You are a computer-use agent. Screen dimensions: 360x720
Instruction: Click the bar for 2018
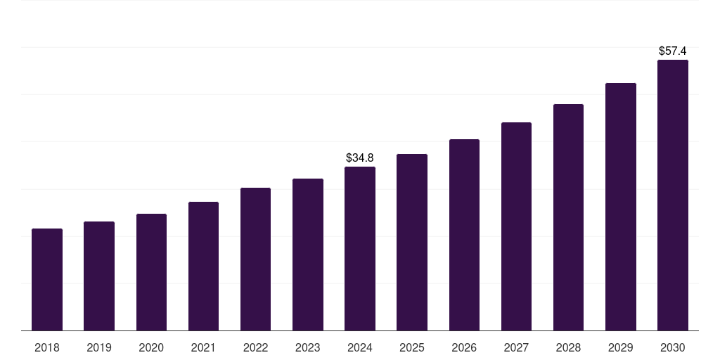(47, 280)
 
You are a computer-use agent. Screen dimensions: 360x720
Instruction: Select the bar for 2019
(99, 276)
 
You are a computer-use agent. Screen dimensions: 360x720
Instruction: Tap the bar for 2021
(203, 266)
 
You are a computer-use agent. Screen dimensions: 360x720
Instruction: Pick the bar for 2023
(308, 255)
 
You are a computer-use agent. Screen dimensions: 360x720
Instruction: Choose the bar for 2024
(360, 249)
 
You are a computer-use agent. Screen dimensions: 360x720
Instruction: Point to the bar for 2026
(464, 235)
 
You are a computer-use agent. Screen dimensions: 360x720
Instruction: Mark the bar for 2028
(568, 217)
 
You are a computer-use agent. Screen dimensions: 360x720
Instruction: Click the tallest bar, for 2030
(673, 195)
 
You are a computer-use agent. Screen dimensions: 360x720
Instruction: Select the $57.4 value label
(673, 51)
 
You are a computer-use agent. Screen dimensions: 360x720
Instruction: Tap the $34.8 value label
(360, 158)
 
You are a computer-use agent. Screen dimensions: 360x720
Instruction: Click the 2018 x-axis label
(47, 347)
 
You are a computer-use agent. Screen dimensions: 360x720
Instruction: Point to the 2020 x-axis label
(151, 347)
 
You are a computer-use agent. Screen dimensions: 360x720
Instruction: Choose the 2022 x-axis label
(255, 347)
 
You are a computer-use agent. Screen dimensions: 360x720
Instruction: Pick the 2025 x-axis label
(412, 347)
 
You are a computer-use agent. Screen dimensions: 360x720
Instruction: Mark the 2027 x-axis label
(516, 347)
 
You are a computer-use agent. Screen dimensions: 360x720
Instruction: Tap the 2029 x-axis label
(621, 347)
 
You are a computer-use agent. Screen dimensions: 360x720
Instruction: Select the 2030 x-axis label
(673, 347)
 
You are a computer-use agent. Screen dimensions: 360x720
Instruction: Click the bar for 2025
(412, 243)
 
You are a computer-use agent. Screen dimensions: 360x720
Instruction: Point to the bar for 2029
(621, 207)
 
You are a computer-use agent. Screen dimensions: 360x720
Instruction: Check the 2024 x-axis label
(360, 347)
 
